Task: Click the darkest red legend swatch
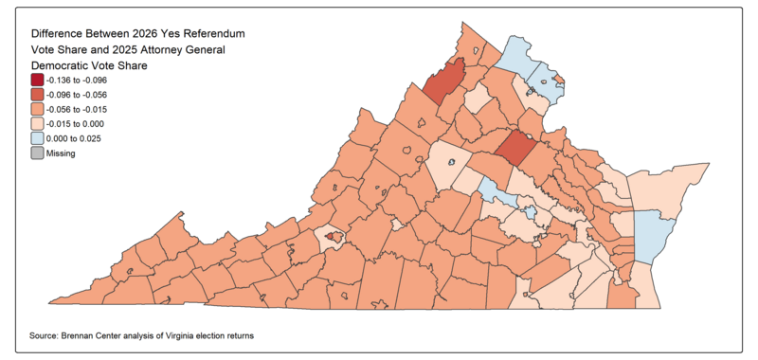coord(38,81)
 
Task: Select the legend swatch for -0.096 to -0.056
coord(38,95)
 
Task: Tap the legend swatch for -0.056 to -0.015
coord(38,109)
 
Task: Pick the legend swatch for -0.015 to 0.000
coord(38,123)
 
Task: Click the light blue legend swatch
coord(38,138)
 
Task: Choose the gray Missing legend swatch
coord(38,153)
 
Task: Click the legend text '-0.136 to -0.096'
coord(82,81)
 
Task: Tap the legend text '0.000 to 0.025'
coord(80,138)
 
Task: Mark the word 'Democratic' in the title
coord(65,65)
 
